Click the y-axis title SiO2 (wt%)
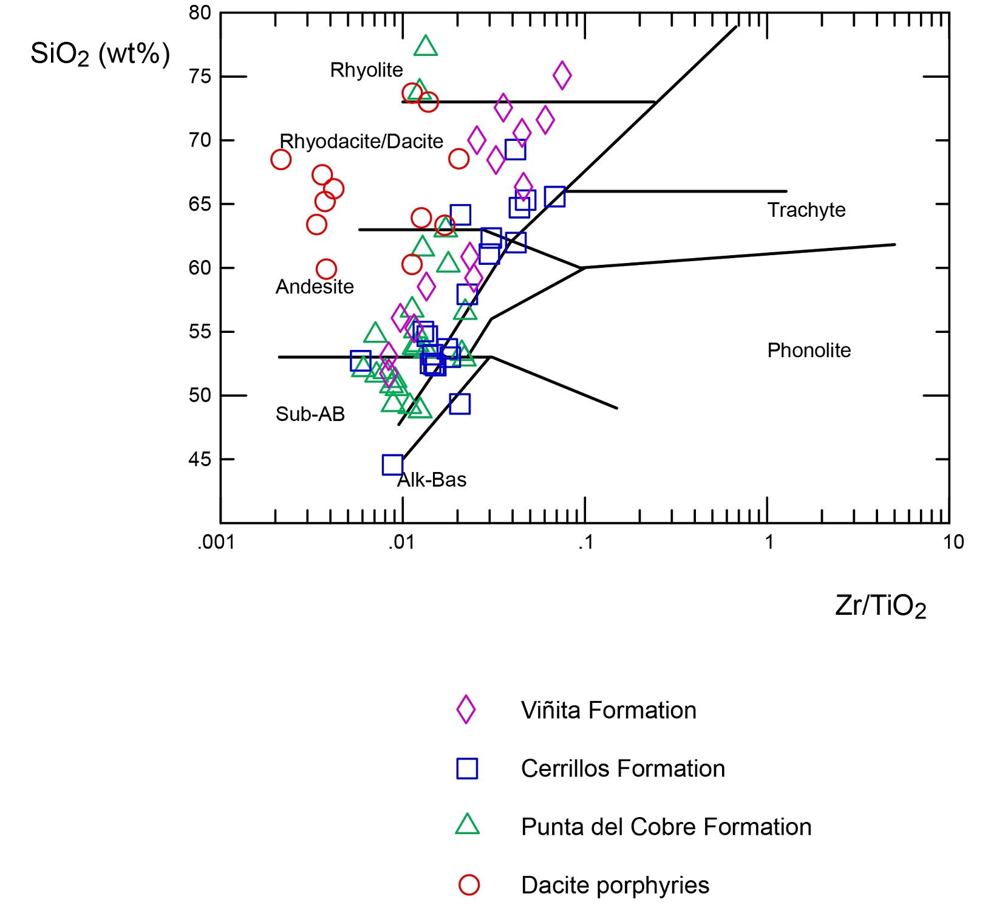pos(100,55)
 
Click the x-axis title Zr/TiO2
pos(881,606)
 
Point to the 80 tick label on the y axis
pos(200,13)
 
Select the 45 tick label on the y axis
pos(200,459)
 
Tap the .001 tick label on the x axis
pos(216,542)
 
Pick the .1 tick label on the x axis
pos(585,542)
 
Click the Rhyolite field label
pos(366,70)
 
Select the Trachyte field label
pos(806,210)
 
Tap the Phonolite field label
pos(809,351)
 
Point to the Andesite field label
pos(315,287)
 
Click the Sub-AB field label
pos(310,414)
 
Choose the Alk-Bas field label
pos(432,480)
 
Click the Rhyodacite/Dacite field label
pos(361,142)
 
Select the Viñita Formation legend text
pos(608,710)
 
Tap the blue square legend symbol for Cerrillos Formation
pos(467,768)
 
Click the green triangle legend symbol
pos(467,826)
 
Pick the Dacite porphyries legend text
pos(615,885)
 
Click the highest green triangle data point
pos(426,46)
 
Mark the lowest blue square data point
pos(393,465)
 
